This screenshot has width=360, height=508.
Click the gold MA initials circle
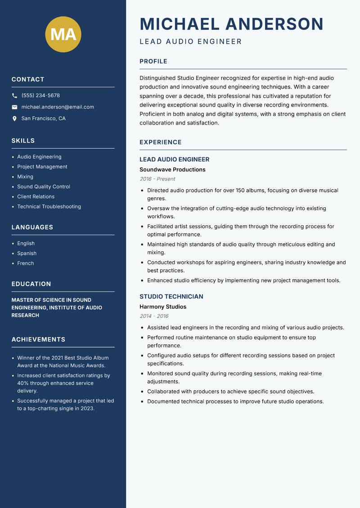point(63,34)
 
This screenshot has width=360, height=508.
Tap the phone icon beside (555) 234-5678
point(14,96)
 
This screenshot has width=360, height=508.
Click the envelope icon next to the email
point(14,107)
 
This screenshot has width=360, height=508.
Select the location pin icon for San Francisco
point(14,119)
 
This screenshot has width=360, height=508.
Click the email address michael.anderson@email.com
point(58,107)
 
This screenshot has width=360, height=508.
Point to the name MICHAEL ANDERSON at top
point(231,24)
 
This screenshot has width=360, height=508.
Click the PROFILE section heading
point(153,62)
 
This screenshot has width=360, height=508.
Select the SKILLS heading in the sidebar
point(23,141)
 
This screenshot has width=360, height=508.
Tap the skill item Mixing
point(25,177)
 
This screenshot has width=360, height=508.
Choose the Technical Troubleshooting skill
point(49,207)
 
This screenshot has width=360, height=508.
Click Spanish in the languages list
point(27,254)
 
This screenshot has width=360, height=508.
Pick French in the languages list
point(25,263)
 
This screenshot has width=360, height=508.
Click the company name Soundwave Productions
point(172,169)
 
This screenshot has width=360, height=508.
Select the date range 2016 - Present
point(157,179)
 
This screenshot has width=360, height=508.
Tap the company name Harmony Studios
point(163,307)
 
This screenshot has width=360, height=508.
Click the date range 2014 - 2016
point(154,316)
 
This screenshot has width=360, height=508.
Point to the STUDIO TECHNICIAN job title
point(171,297)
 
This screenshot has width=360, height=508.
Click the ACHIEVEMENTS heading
point(38,339)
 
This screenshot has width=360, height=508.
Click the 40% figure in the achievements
point(22,383)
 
